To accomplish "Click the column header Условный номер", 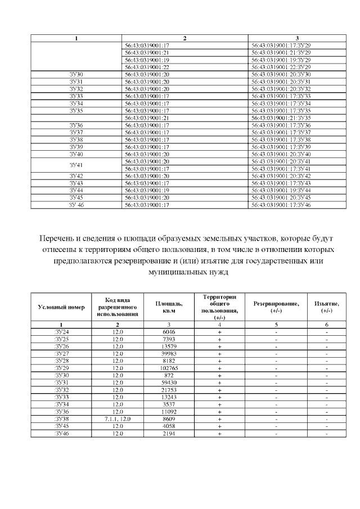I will tap(61, 307).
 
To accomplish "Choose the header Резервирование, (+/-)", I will tap(276, 307).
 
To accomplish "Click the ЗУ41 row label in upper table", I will tap(76, 165).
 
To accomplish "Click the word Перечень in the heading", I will tap(56, 238).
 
